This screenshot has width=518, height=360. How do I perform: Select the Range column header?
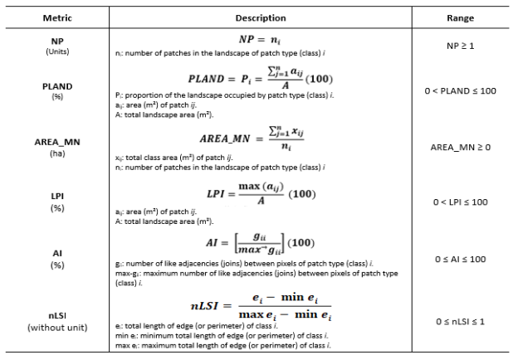(458, 18)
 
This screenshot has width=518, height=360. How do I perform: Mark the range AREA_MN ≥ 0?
(458, 147)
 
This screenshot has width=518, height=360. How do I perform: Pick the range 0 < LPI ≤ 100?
(458, 202)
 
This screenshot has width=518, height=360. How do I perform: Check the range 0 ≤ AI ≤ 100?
(458, 259)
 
